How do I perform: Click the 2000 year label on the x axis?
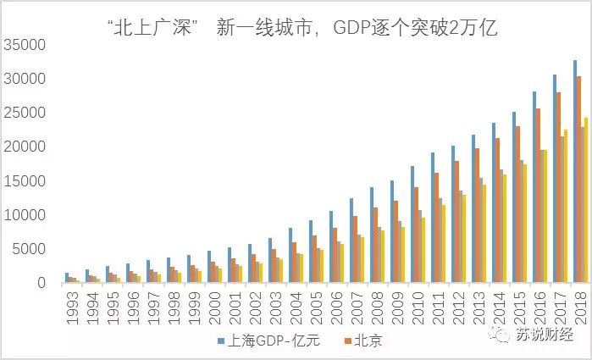pos(214,305)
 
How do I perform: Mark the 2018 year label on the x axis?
pos(580,305)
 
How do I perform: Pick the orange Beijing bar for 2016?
pos(539,196)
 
